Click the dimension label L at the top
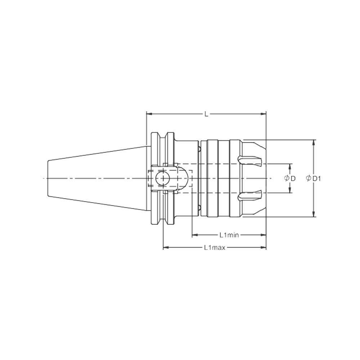click(x=206, y=114)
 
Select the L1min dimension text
click(x=229, y=235)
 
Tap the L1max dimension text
click(x=214, y=248)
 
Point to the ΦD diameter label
click(x=290, y=179)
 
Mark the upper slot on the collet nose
click(x=249, y=160)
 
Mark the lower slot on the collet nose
click(x=249, y=196)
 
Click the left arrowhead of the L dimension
click(x=149, y=114)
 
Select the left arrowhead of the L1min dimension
click(x=194, y=235)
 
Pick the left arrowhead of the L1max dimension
click(x=166, y=248)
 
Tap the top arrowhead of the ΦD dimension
click(x=290, y=166)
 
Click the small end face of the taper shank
click(x=48, y=178)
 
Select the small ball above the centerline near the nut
click(x=199, y=149)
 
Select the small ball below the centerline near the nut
click(x=199, y=208)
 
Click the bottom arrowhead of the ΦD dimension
click(x=290, y=191)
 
